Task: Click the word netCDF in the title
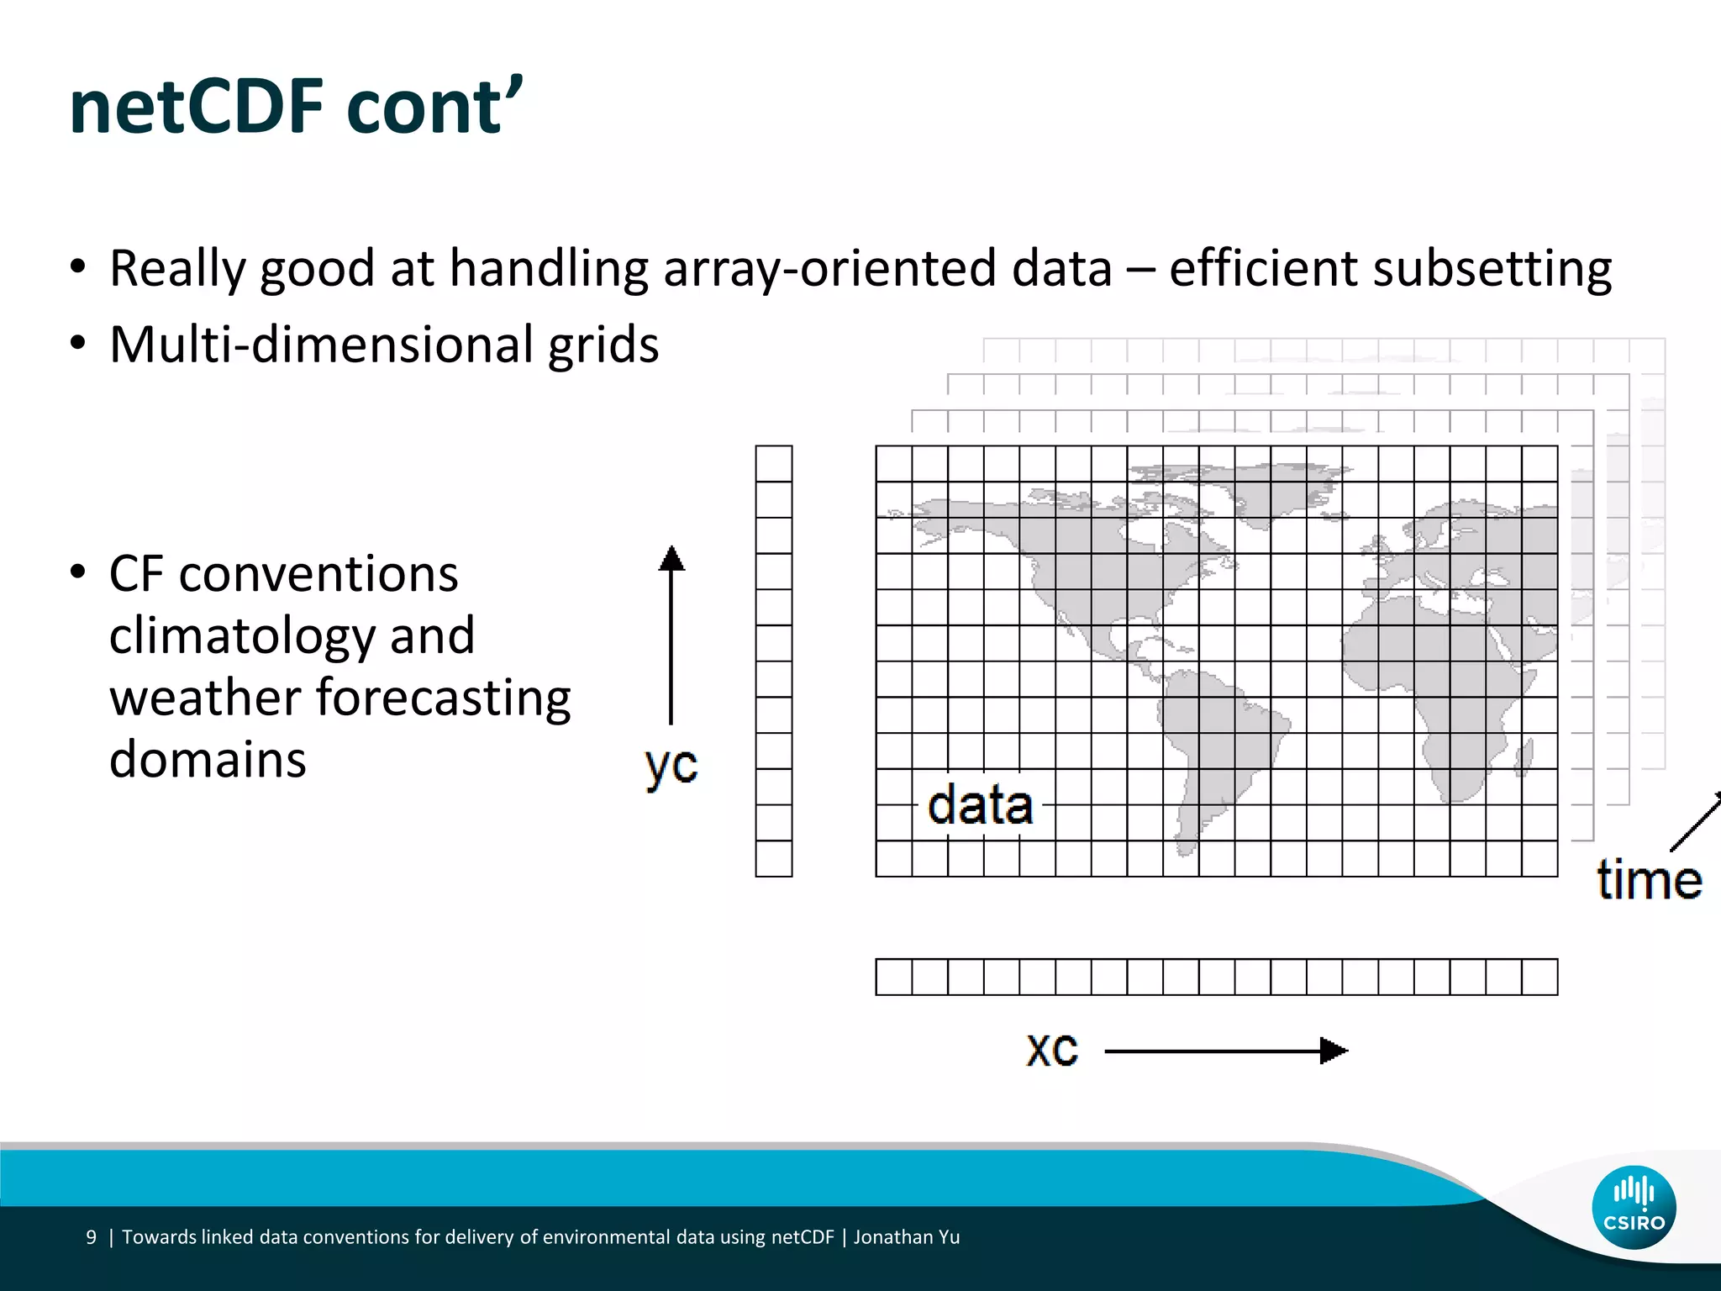197,108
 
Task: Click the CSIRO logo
1634,1207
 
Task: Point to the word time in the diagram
1649,880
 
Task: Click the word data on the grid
980,805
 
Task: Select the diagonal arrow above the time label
1696,822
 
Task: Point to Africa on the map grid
1445,689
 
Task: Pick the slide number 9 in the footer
91,1237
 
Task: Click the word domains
208,760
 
